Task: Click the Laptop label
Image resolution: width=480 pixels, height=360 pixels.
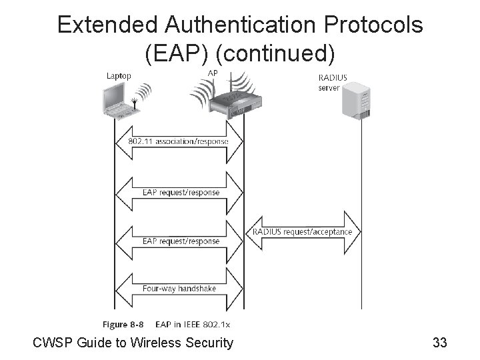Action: (x=119, y=75)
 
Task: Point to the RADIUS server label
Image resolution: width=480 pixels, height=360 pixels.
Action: (x=333, y=82)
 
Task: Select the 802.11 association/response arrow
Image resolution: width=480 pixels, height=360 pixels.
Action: (x=178, y=141)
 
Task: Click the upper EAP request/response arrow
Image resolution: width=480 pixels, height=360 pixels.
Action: (x=178, y=193)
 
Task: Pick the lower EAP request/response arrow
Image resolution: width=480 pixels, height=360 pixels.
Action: (x=178, y=241)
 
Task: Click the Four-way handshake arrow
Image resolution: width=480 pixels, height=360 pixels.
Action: (x=178, y=288)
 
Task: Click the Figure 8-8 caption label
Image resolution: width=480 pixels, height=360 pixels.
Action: (x=123, y=324)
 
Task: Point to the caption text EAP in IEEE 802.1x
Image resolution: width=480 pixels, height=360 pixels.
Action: (x=193, y=324)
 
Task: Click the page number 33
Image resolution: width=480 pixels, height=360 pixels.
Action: (x=439, y=343)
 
